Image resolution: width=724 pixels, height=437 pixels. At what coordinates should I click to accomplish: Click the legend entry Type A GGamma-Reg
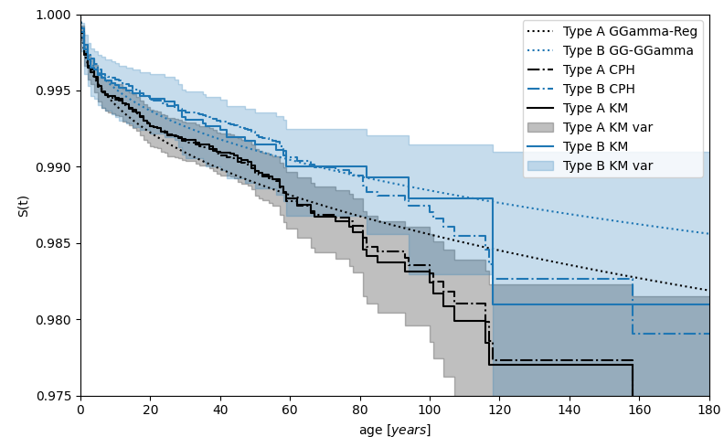coord(630,32)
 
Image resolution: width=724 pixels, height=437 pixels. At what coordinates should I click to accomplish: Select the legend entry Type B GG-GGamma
coord(628,51)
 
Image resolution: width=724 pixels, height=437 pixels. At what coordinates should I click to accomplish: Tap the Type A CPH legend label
coord(599,70)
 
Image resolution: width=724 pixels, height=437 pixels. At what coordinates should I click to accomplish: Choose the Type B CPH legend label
coord(599,90)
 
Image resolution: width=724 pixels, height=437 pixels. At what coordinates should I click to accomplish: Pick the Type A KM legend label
coord(595,109)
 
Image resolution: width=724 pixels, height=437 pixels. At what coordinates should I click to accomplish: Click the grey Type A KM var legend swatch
coord(542,128)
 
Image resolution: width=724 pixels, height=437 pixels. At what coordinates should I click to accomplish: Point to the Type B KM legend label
coord(595,147)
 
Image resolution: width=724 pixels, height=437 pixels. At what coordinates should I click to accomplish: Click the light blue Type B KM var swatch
coord(542,166)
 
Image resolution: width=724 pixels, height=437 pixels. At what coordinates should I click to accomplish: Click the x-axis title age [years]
coord(395,430)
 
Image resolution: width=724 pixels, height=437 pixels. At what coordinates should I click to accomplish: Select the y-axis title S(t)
coord(23,206)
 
